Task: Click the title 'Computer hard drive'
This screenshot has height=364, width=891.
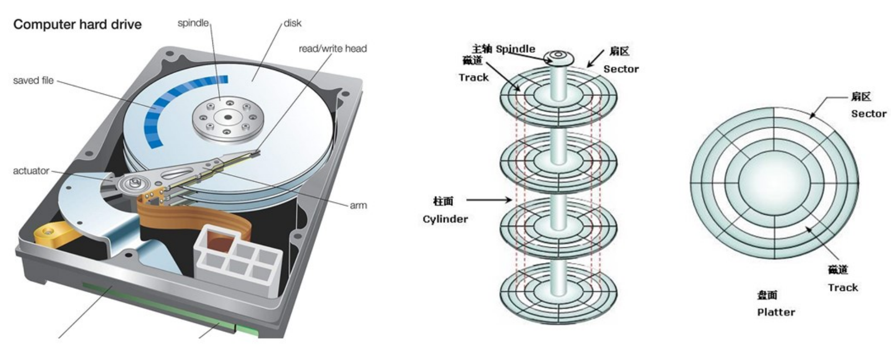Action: (x=77, y=24)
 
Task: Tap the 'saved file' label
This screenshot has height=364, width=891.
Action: (x=33, y=80)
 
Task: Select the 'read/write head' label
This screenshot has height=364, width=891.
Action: (x=332, y=49)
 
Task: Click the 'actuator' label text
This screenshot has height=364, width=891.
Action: (x=31, y=171)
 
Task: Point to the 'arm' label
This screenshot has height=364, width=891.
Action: (x=358, y=206)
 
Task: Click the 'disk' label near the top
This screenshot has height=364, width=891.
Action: (x=292, y=23)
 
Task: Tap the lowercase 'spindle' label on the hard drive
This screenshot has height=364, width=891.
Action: (x=193, y=23)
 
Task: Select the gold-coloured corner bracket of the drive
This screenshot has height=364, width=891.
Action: (x=48, y=235)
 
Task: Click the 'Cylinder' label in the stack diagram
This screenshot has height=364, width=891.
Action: (x=445, y=219)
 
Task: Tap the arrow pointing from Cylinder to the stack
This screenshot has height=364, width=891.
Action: (x=488, y=200)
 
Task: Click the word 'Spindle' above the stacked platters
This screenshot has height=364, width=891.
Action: (x=515, y=49)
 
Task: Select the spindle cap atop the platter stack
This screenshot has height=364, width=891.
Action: (x=558, y=57)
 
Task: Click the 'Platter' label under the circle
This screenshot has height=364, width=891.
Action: (x=776, y=312)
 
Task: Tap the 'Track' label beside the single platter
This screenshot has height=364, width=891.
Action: (x=842, y=288)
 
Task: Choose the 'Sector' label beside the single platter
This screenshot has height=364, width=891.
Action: (x=868, y=114)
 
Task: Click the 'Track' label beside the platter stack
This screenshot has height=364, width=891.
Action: (x=473, y=78)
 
